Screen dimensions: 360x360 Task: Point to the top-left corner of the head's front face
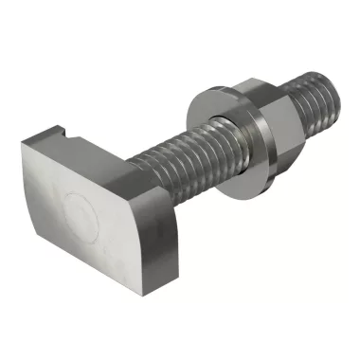pos(24,144)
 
